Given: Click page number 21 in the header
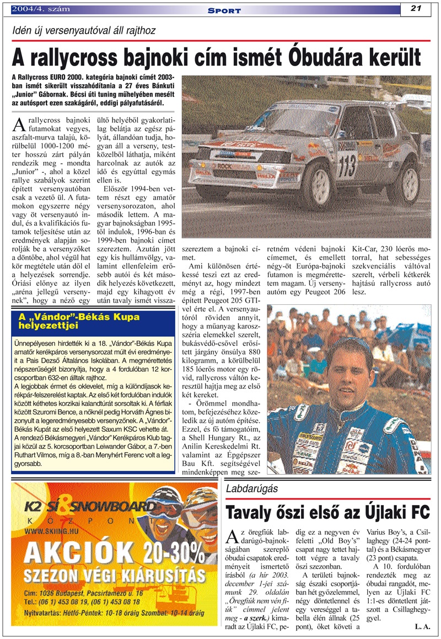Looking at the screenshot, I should pos(416,8).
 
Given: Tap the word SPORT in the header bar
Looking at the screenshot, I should pos(225,10).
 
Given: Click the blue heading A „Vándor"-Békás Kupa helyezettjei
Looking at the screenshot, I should pos(79,321).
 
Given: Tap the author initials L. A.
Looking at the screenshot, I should pos(422,626).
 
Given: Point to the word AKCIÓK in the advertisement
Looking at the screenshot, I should pos(75,551).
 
